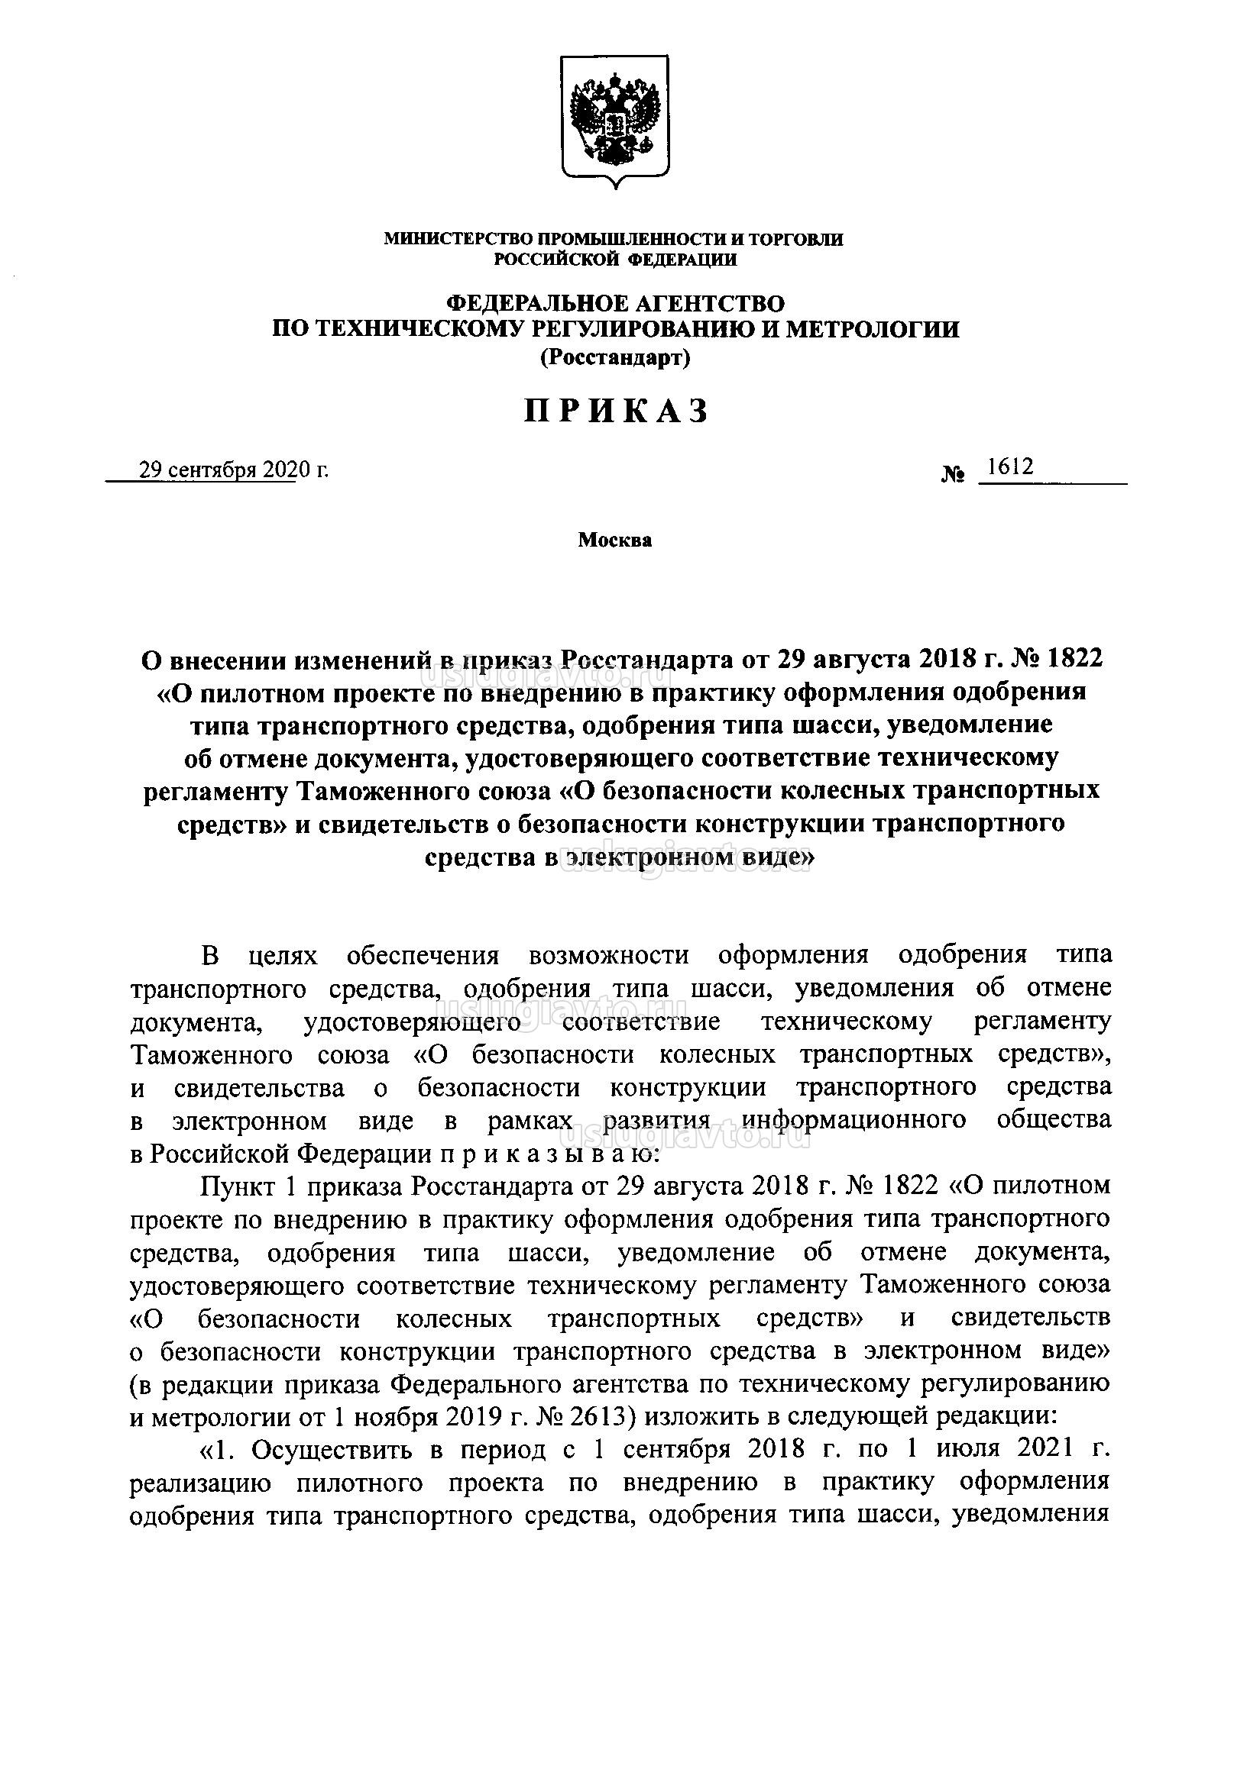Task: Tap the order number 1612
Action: (1008, 466)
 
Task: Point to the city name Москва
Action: (614, 541)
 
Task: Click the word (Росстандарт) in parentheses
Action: (615, 357)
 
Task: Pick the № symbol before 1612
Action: (954, 473)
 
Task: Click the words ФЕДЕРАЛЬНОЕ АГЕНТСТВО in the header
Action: (615, 302)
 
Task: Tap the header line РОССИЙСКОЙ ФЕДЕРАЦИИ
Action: (615, 260)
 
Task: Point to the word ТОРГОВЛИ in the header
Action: (799, 239)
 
